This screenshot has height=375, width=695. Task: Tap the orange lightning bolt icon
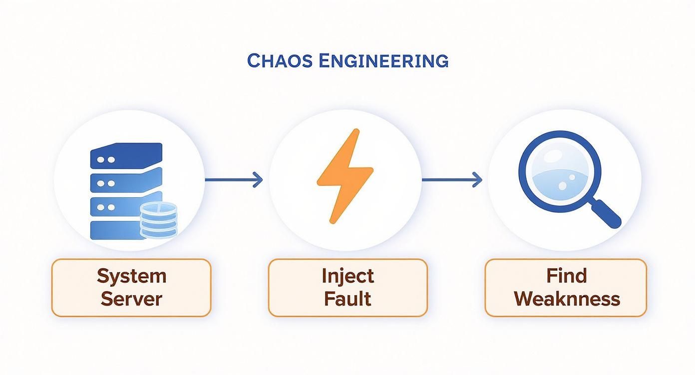[x=345, y=176]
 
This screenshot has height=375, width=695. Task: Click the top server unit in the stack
[x=126, y=157]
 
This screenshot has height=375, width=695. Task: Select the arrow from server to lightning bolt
[x=234, y=180]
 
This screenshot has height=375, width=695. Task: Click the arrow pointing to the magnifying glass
[x=452, y=180]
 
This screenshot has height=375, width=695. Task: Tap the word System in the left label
[x=131, y=276]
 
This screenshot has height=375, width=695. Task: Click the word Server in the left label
[x=131, y=299]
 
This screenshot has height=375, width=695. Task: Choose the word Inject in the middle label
[x=347, y=276]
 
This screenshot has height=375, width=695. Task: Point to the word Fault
[x=347, y=299]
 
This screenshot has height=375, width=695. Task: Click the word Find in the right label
[x=566, y=276]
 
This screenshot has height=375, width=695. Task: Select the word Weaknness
[x=566, y=299]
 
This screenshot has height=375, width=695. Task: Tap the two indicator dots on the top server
[x=105, y=160]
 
